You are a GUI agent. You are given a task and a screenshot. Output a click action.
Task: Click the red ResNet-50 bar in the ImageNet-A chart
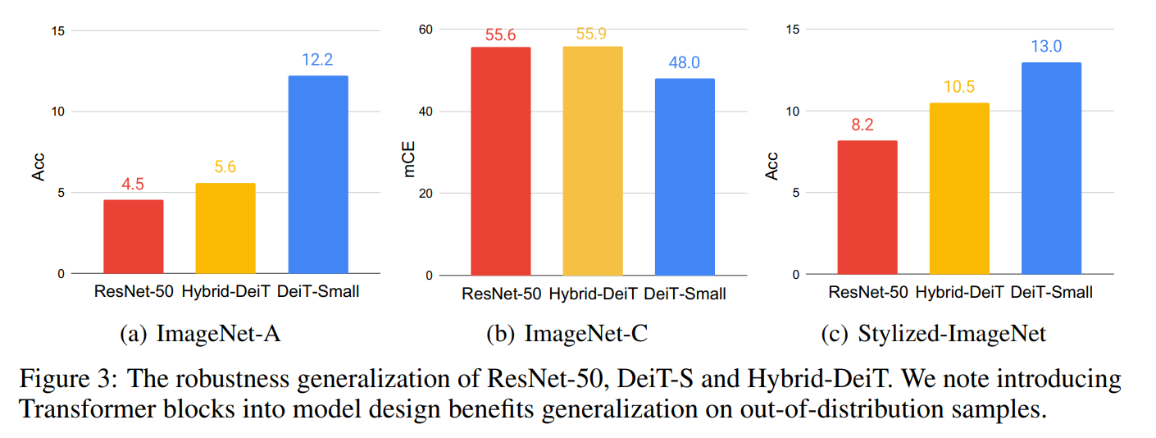tap(133, 237)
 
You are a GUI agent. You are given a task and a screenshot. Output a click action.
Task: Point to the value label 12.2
tap(318, 60)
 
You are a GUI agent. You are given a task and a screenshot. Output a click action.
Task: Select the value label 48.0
tap(685, 64)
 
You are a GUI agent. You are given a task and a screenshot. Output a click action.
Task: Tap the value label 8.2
tap(867, 125)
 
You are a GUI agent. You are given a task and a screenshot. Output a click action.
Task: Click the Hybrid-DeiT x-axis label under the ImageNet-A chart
tap(225, 291)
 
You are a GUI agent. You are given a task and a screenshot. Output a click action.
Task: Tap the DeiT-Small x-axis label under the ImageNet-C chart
tap(685, 294)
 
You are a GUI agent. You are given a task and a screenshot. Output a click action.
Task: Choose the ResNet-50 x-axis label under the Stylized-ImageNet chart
tap(867, 292)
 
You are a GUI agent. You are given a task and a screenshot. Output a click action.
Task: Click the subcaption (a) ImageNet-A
tap(203, 334)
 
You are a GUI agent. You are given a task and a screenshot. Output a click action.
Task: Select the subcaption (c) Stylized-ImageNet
tap(933, 334)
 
